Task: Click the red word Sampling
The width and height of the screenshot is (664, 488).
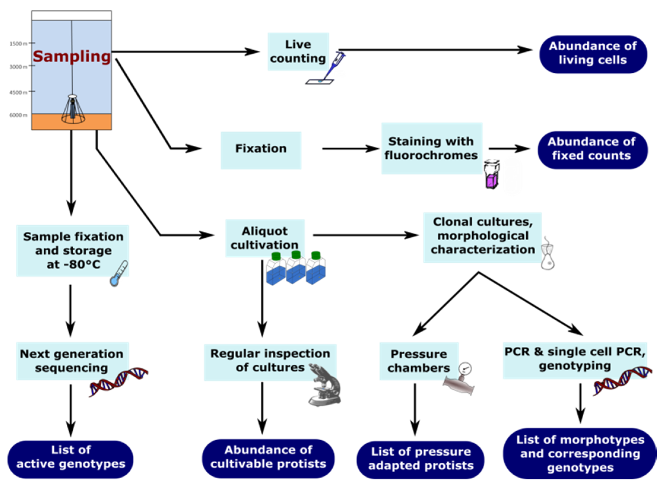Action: pyautogui.click(x=72, y=57)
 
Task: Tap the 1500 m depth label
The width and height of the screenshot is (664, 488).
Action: pyautogui.click(x=18, y=44)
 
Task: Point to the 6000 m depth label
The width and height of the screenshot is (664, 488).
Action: pyautogui.click(x=18, y=115)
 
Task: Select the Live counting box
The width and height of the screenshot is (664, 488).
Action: pyautogui.click(x=298, y=52)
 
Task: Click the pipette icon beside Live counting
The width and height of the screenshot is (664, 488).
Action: pyautogui.click(x=326, y=68)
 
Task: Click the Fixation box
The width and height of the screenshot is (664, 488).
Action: pyautogui.click(x=261, y=150)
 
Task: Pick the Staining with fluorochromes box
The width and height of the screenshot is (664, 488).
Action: pyautogui.click(x=432, y=148)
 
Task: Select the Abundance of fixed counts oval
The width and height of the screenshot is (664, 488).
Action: pyautogui.click(x=592, y=150)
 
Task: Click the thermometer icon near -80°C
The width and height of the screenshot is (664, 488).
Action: pyautogui.click(x=119, y=273)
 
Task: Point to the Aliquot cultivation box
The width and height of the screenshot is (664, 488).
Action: pyautogui.click(x=265, y=238)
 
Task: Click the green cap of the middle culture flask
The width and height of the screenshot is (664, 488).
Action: pyautogui.click(x=296, y=255)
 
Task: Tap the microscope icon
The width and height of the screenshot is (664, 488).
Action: pyautogui.click(x=325, y=385)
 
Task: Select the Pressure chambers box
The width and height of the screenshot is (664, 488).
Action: pyautogui.click(x=419, y=361)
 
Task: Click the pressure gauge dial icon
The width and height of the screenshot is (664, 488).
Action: pyautogui.click(x=465, y=369)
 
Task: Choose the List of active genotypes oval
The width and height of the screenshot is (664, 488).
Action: pyautogui.click(x=71, y=459)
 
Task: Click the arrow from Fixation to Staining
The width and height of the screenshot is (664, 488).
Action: pyautogui.click(x=351, y=149)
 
